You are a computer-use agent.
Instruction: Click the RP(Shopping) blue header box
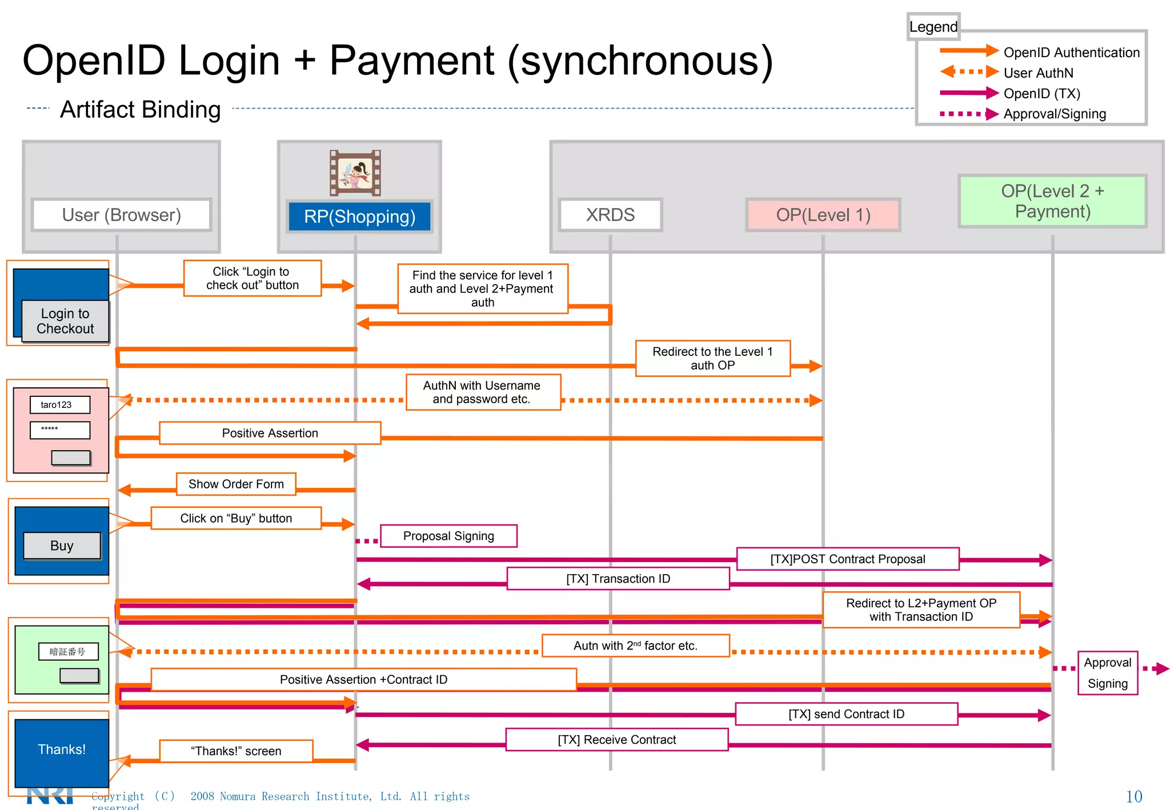coord(359,216)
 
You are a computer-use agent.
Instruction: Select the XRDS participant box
coord(610,215)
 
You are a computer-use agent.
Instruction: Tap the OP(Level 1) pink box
coord(823,215)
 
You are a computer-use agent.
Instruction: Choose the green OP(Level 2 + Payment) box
coord(1052,201)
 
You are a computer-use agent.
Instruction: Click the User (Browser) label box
coord(122,215)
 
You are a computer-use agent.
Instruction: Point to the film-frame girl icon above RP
coord(355,173)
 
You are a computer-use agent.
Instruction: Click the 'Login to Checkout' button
coord(65,321)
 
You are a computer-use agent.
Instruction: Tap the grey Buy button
coord(62,546)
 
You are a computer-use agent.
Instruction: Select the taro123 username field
coord(60,404)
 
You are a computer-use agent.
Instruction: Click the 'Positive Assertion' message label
coord(270,433)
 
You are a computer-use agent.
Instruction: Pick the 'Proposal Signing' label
coord(448,536)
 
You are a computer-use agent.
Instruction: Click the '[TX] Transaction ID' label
coord(618,579)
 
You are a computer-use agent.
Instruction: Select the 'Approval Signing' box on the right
coord(1107,673)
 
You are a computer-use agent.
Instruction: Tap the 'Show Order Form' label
coord(236,484)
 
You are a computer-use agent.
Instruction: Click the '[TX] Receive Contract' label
coord(617,740)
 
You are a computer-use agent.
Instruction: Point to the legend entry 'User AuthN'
coord(1038,73)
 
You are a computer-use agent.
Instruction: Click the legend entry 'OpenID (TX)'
coord(1041,94)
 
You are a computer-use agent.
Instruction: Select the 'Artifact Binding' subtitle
coord(141,109)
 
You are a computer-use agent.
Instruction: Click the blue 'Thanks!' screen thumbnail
coord(62,749)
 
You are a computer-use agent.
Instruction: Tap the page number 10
coord(1133,796)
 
